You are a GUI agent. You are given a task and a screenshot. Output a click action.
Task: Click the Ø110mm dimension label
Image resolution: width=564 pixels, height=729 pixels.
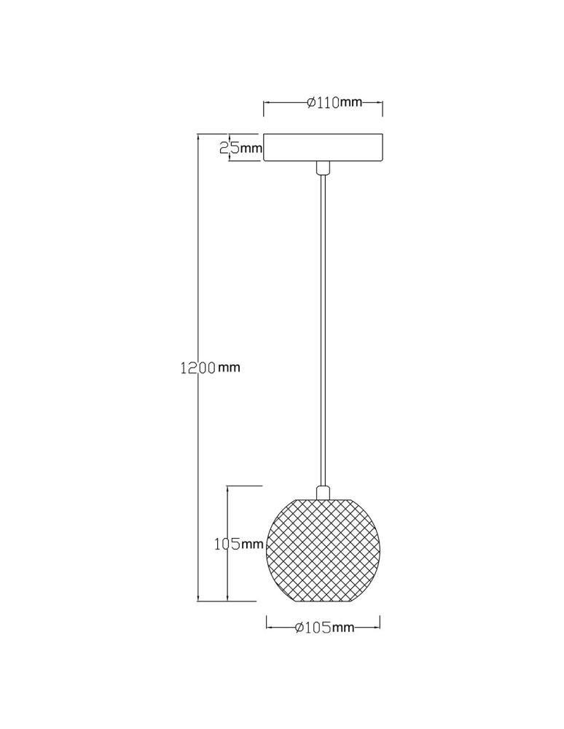point(334,103)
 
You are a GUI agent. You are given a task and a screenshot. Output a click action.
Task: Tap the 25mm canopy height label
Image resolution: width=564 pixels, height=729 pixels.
point(241,149)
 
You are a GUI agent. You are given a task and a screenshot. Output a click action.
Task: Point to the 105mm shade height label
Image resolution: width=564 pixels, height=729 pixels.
point(238,544)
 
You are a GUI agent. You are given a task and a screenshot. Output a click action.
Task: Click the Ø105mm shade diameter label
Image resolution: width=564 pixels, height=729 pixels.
point(324,628)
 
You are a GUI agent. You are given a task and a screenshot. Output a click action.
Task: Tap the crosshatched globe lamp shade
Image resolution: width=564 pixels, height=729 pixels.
point(324,550)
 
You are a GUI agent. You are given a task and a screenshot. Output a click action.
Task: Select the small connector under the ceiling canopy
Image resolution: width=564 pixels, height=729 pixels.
point(322,168)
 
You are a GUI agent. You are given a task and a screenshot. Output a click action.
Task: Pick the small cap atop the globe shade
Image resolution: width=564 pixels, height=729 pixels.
point(323,493)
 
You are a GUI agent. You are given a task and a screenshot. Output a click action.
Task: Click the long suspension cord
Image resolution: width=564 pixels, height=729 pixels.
point(322,328)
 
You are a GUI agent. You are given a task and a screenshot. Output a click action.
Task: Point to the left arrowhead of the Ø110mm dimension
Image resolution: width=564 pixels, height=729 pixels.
point(266,103)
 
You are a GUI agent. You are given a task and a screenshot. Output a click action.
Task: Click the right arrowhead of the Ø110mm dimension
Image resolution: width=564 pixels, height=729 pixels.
point(380,103)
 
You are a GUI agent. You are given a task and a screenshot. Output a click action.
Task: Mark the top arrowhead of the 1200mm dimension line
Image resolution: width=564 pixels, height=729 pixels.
point(198,138)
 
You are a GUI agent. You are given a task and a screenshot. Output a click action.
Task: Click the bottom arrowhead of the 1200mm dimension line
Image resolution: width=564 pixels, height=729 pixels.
point(198,599)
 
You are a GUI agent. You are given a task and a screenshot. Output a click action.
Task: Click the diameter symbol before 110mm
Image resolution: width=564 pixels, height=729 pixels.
point(311,103)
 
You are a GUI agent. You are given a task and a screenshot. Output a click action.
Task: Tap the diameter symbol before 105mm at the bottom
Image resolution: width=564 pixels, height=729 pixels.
point(299,628)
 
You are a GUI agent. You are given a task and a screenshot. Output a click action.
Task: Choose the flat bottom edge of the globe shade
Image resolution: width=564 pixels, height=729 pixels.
point(324,601)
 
